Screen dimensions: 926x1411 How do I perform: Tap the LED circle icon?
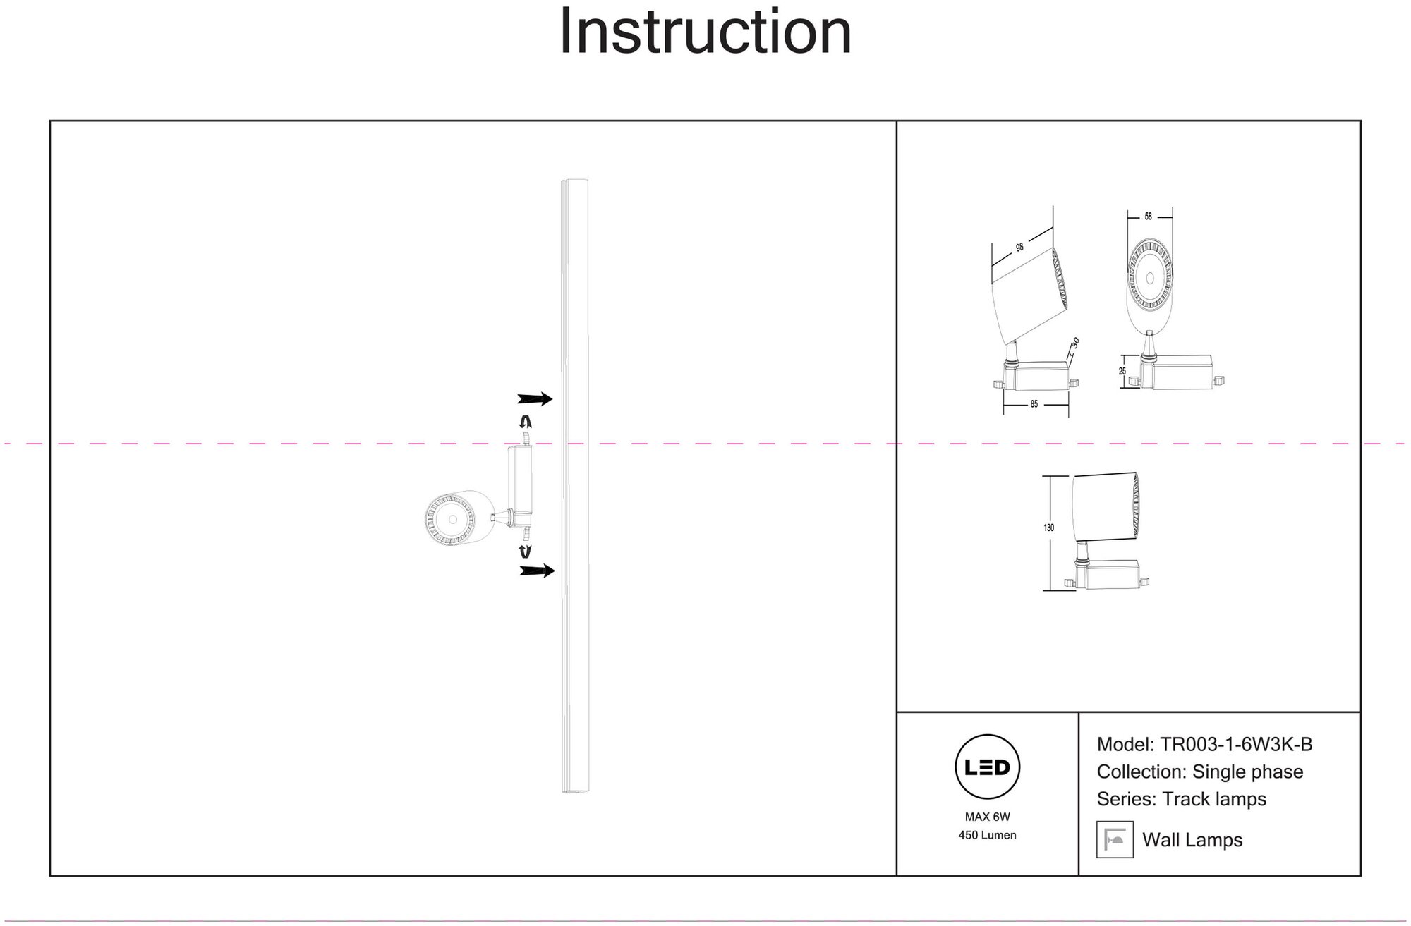coord(987,767)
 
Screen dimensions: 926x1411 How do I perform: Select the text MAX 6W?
coord(987,817)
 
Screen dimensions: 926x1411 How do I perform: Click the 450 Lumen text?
coord(987,835)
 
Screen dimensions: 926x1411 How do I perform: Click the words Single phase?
coord(1247,772)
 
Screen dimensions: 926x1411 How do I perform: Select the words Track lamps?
coord(1214,799)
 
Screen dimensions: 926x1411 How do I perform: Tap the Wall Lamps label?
coord(1192,840)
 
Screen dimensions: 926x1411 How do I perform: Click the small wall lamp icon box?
coord(1115,839)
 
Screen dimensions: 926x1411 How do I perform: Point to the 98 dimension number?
coord(1019,248)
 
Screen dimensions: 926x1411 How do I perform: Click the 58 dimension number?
coord(1149,217)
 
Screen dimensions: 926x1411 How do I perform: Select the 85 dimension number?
coord(1034,405)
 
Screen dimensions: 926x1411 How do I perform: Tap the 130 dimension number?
coord(1049,528)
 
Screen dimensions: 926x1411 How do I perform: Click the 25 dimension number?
coord(1122,372)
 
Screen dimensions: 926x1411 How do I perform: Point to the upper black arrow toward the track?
coord(535,399)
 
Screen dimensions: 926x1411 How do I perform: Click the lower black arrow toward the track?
coord(536,571)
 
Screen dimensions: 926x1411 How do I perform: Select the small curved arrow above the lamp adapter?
coord(525,422)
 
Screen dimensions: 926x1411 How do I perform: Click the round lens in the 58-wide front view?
coord(1149,278)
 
